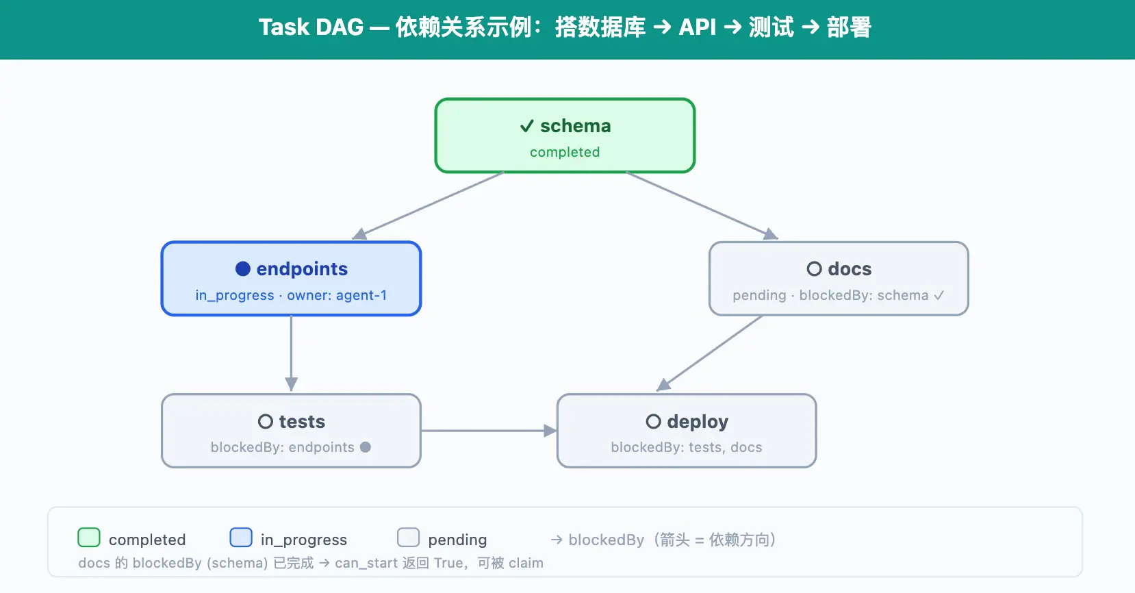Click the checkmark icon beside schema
point(527,126)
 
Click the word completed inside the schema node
point(565,152)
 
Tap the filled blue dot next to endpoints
point(243,268)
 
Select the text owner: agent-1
point(337,296)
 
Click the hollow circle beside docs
point(814,268)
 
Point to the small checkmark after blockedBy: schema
point(939,295)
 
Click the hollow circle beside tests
point(266,421)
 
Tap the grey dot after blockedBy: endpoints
point(366,447)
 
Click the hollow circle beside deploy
point(654,421)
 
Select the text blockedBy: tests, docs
point(687,447)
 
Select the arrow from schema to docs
point(702,205)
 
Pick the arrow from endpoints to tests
point(292,353)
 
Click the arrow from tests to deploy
point(489,431)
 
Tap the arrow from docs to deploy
point(709,353)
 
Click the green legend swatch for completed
point(89,538)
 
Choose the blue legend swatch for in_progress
point(241,538)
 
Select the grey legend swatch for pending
point(409,538)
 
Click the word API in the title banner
point(697,27)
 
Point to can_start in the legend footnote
point(366,563)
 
